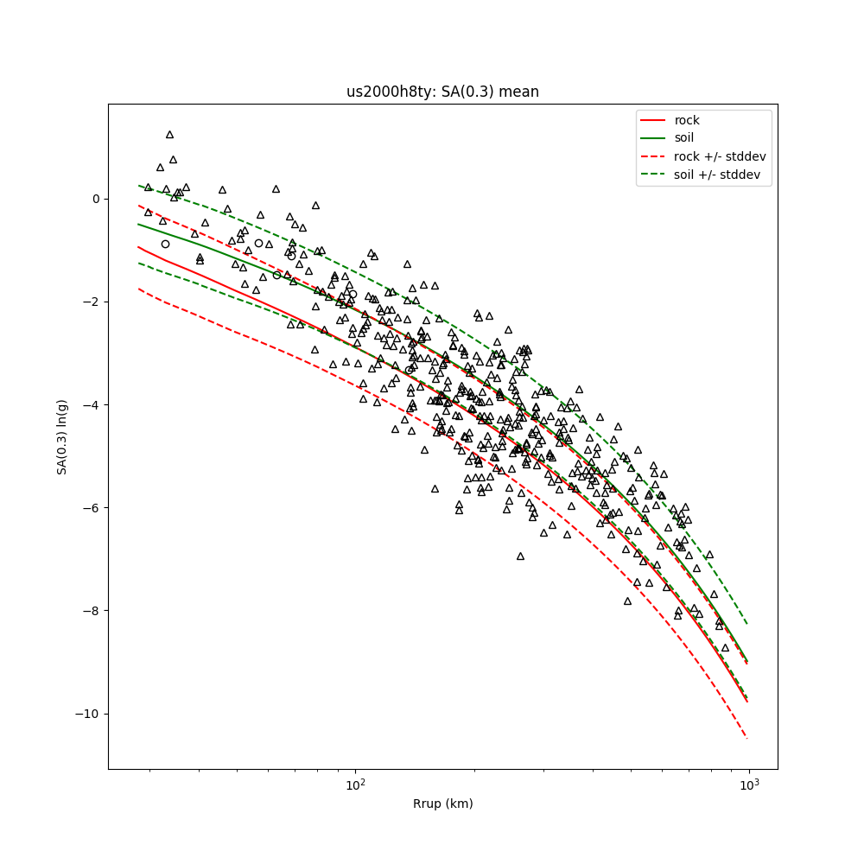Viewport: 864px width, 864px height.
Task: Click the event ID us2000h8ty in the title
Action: [384, 92]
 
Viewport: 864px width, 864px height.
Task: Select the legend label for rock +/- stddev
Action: [720, 156]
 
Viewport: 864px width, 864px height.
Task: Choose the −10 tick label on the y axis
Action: [90, 714]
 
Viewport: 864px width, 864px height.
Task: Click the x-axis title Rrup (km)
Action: [442, 804]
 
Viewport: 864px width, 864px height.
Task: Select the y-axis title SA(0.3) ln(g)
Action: [62, 436]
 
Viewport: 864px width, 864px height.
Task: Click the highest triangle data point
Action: [169, 135]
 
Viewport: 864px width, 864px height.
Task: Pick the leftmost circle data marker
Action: [165, 245]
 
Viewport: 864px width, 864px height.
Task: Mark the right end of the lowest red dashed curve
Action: [747, 739]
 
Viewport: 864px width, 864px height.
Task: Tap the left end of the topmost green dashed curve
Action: [138, 185]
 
